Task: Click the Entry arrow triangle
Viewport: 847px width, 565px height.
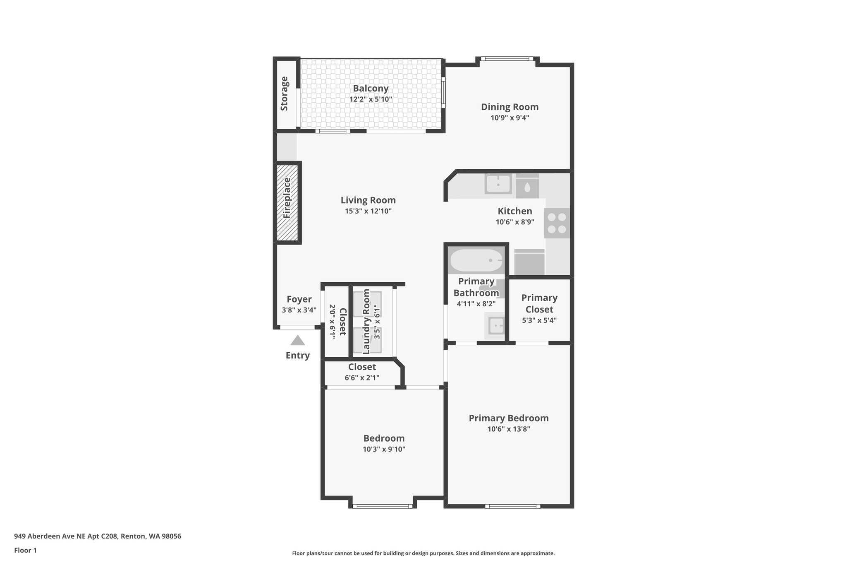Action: pos(297,341)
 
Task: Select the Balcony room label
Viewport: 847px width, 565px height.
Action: pos(371,88)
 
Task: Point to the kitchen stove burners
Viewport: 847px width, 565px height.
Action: pos(557,223)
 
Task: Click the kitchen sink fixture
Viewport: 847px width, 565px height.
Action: pos(498,183)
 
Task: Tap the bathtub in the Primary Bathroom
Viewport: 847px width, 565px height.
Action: pos(476,260)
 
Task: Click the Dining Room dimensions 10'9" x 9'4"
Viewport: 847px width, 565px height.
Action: pos(510,118)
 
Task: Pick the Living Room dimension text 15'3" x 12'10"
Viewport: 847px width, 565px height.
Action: pos(368,211)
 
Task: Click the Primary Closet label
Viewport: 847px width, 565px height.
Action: pos(539,303)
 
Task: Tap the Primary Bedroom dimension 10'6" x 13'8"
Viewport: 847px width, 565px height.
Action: pos(509,429)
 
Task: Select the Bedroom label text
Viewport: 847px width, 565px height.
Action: pos(384,438)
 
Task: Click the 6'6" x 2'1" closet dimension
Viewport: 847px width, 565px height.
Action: pos(362,377)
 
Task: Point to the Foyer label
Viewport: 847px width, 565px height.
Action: pos(299,299)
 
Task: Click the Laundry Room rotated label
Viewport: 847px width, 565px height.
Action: pos(366,322)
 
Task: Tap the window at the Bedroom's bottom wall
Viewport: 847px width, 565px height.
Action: pos(382,506)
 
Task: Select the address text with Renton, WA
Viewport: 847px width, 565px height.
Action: pos(98,536)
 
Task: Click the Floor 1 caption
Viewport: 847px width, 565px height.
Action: pos(25,550)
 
